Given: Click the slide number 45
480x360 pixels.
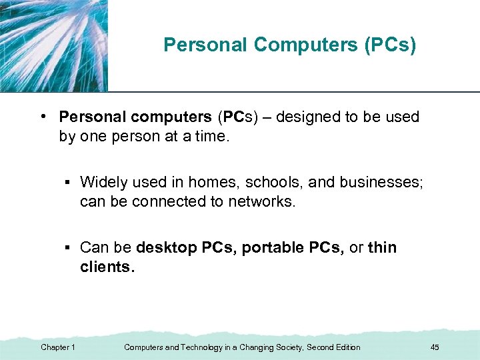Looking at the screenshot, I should [435, 347].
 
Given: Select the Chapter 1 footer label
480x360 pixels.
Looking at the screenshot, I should [58, 347].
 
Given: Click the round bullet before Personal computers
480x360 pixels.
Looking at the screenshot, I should [42, 117].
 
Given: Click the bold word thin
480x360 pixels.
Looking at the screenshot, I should [382, 248].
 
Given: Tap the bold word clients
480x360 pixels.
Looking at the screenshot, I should [106, 267].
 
